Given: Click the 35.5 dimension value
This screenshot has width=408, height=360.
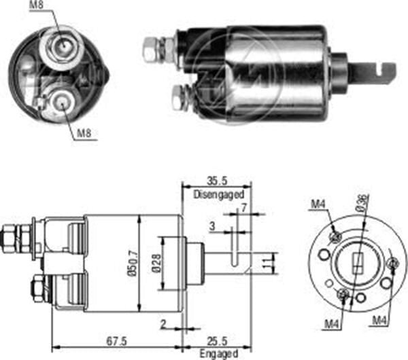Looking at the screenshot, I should coord(216,181).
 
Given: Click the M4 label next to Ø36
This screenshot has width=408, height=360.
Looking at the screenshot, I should coord(318,203).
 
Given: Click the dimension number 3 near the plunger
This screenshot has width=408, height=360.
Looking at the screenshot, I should coord(213,225).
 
